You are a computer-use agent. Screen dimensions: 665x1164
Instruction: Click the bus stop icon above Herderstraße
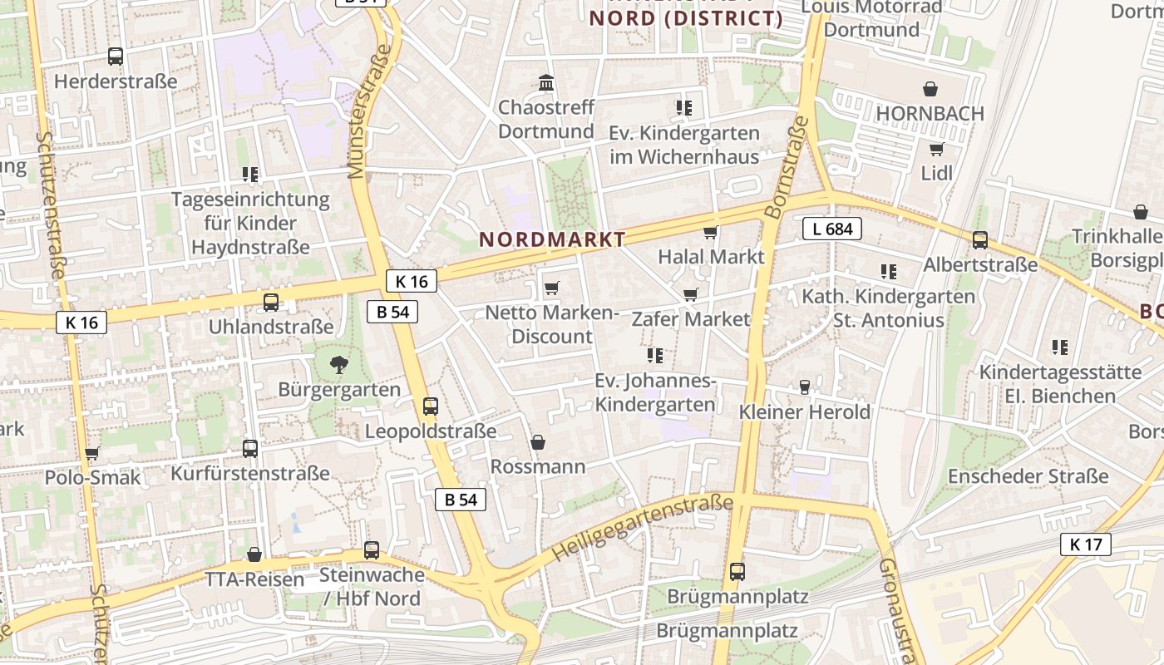(116, 57)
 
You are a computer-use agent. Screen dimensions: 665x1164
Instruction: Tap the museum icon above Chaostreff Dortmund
(546, 82)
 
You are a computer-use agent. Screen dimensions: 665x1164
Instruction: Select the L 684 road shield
(832, 229)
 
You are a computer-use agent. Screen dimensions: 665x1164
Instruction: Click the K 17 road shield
(1086, 544)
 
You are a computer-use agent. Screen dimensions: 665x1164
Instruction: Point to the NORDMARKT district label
(552, 239)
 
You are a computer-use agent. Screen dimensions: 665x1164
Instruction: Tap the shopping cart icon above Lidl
(937, 149)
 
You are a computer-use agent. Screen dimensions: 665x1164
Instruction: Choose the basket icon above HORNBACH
(930, 89)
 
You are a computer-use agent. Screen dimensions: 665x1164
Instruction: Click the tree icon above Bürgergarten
(338, 364)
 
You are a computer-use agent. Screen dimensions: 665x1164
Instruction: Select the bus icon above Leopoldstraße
(431, 406)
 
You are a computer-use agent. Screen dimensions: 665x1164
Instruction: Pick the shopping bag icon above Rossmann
(538, 442)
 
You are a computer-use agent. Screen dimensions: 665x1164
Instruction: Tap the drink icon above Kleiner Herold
(804, 387)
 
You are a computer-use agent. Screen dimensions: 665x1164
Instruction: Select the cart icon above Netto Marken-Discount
(551, 288)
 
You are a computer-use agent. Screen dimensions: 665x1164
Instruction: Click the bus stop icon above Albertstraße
(980, 240)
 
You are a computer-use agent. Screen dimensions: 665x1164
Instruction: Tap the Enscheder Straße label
(1028, 476)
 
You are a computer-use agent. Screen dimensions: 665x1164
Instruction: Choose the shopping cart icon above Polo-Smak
(92, 453)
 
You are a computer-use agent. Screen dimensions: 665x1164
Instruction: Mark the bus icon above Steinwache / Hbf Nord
(372, 549)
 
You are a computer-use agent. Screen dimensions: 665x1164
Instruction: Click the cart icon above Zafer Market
(690, 294)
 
